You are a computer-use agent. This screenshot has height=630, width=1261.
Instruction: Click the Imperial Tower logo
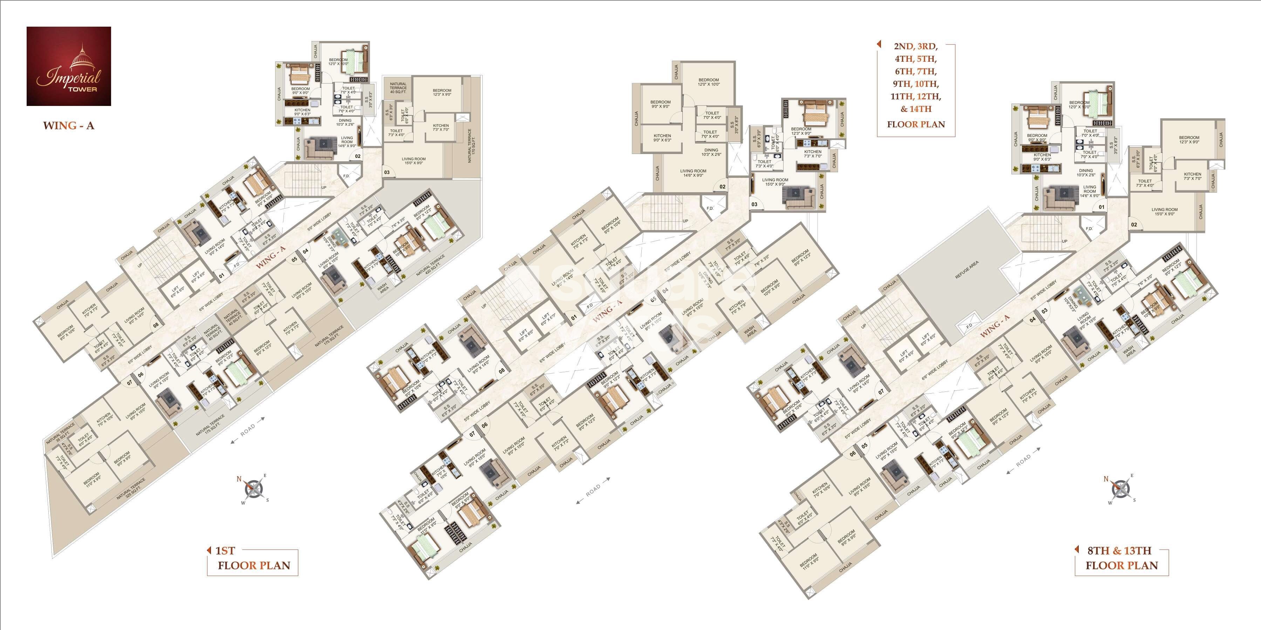click(69, 66)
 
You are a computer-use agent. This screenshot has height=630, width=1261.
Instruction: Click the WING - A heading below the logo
click(69, 126)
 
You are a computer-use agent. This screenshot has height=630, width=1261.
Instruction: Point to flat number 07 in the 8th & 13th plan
click(881, 391)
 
